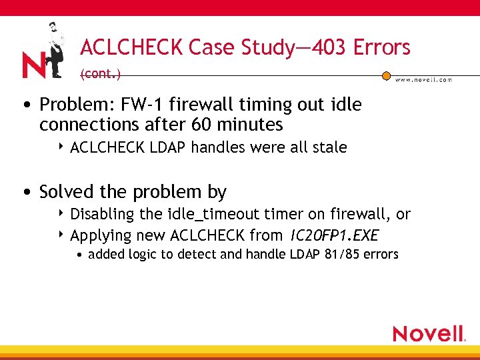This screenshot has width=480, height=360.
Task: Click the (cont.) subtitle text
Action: (x=100, y=74)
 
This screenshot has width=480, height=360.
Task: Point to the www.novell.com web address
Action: (x=423, y=79)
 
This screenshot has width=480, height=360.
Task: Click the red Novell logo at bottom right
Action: (x=428, y=333)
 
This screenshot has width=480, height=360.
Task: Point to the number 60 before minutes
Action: (x=203, y=125)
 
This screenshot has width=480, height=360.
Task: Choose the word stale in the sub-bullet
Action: (x=329, y=147)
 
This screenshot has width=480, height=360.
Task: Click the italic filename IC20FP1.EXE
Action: (x=333, y=235)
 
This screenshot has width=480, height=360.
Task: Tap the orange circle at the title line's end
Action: (x=386, y=75)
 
